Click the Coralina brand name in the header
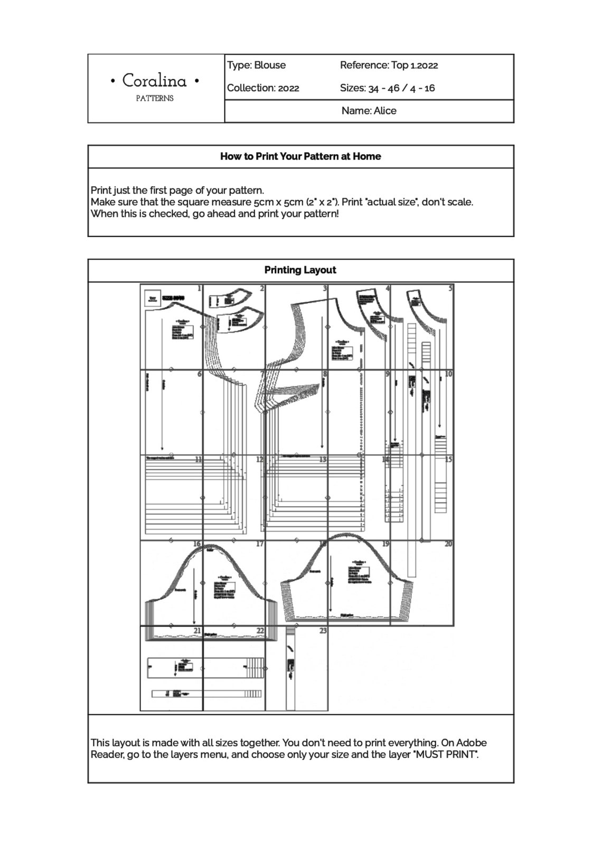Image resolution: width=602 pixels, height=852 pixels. click(155, 81)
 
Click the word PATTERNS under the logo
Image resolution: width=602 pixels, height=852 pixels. click(155, 98)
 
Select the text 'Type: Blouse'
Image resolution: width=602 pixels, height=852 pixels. click(257, 65)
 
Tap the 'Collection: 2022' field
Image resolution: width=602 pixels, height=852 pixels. click(263, 88)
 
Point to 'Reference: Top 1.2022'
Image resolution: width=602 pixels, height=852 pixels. click(389, 65)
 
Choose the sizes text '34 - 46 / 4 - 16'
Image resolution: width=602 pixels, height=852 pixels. click(401, 88)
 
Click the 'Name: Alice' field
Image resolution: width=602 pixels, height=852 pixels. click(369, 111)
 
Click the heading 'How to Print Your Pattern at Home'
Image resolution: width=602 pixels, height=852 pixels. click(300, 156)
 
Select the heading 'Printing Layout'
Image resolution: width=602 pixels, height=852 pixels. click(300, 270)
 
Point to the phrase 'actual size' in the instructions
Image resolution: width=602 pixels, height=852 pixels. click(388, 202)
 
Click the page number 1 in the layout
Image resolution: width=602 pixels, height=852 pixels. click(199, 288)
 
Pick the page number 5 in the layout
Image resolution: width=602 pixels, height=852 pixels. click(450, 288)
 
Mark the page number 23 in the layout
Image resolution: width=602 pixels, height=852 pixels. click(323, 630)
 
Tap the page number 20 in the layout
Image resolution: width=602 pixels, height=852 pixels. click(448, 544)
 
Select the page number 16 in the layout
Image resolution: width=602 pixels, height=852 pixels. click(197, 544)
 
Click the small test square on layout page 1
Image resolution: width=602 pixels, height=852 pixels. click(153, 298)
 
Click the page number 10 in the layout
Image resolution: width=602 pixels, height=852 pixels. click(448, 374)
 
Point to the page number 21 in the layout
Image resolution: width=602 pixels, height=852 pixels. click(197, 630)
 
